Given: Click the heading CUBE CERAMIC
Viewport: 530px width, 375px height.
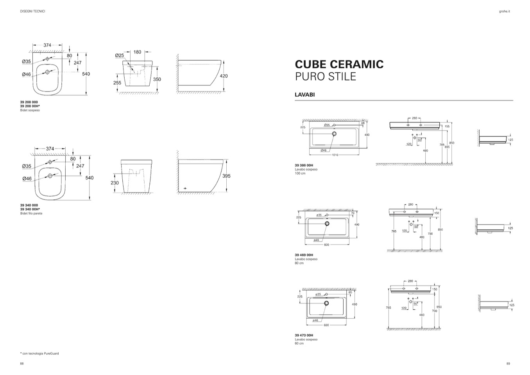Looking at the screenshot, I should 339,64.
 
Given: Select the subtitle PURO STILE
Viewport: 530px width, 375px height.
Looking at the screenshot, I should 325,76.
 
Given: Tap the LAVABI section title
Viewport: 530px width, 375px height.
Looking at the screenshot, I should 304,95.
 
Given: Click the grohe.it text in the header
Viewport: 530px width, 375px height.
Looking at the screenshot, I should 504,11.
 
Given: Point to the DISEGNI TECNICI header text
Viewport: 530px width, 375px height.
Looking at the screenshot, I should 32,11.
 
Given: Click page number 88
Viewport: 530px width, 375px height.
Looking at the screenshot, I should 22,363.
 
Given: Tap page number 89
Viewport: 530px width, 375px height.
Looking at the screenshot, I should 508,363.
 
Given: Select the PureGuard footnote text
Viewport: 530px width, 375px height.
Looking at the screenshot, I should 39,353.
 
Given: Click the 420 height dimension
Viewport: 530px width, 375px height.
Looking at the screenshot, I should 224,76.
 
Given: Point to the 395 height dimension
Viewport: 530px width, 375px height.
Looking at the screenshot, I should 226,176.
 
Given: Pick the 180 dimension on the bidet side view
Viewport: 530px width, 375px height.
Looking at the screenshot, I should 137,52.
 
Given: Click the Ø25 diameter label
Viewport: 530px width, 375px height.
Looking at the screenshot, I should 119,56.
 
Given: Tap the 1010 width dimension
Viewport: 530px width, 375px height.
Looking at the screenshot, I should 335,155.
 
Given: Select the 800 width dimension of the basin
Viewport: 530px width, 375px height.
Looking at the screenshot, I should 326,245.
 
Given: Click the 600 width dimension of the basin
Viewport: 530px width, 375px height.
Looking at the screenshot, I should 326,325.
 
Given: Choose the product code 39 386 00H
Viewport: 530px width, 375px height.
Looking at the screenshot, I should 304,165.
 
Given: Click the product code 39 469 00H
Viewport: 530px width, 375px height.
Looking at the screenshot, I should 304,255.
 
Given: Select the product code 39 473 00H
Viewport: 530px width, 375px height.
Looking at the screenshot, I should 304,336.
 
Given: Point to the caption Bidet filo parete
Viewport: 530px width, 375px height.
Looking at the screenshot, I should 31,214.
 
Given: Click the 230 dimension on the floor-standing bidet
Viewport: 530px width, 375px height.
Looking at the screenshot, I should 115,183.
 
